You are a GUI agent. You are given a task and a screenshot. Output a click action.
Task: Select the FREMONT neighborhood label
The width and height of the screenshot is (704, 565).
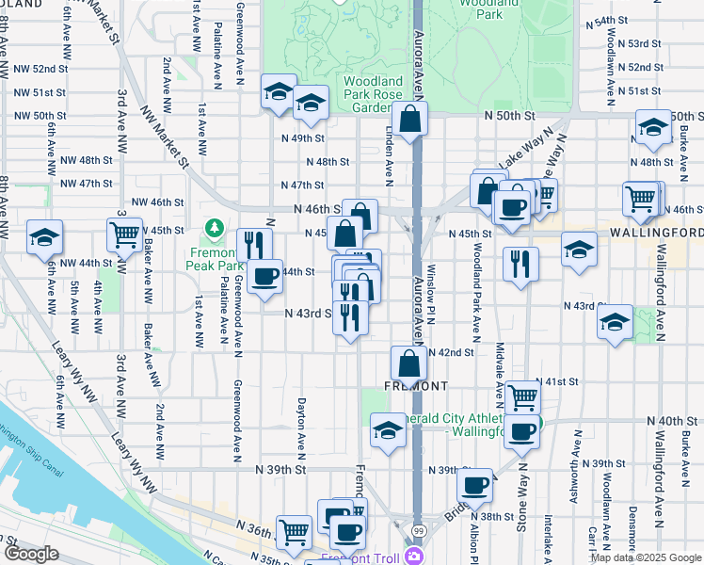point(415,386)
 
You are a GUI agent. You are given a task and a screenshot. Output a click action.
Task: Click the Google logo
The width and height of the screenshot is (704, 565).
point(31,554)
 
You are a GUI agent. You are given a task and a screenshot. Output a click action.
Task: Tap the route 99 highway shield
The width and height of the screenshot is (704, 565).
point(417,531)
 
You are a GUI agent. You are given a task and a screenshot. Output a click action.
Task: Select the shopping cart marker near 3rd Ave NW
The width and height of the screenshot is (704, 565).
point(124,234)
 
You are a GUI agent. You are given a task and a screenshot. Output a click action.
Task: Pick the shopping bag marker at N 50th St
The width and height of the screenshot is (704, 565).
point(410,119)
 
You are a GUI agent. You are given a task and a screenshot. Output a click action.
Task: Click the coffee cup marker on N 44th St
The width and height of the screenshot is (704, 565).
point(265,276)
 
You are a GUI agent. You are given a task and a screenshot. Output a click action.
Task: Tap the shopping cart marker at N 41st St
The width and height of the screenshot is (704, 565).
point(522,396)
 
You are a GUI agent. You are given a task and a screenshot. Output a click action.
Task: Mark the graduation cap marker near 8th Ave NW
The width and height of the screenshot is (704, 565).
point(44,237)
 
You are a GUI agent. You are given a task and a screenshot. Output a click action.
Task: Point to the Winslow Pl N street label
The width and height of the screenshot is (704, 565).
point(429,300)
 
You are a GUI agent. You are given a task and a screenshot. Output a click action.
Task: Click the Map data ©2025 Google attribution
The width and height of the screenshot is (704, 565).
point(646,557)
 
